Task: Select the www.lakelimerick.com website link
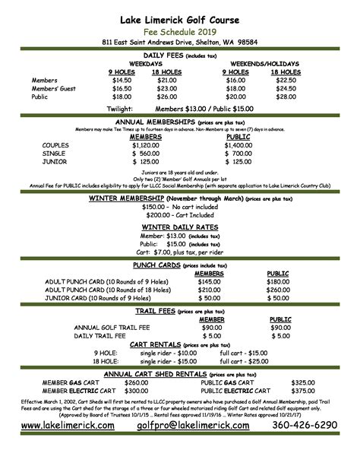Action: coord(68,447)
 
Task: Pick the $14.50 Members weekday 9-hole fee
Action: coord(122,79)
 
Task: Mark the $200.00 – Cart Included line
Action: coord(179,216)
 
